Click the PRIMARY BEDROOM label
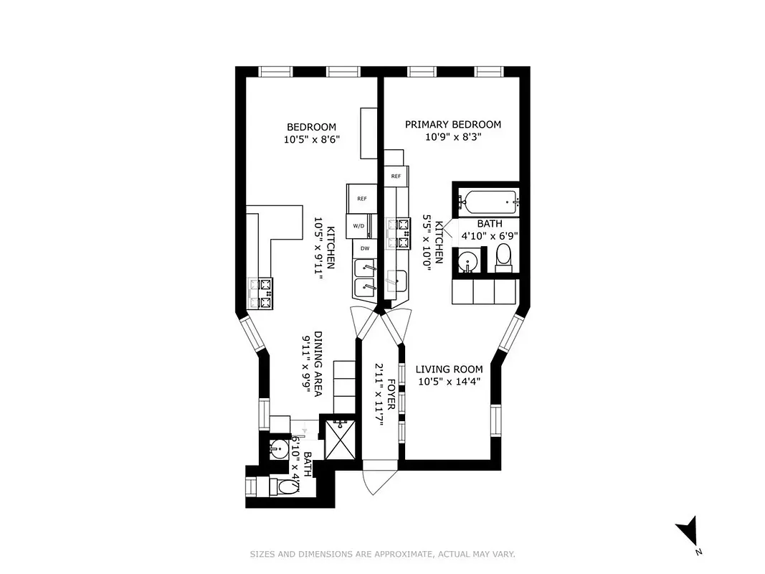click(x=452, y=124)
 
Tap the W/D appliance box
click(x=358, y=226)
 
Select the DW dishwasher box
click(x=364, y=248)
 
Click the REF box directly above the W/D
click(x=361, y=199)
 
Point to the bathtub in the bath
click(x=487, y=199)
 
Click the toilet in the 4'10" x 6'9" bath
click(x=503, y=256)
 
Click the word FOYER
click(x=391, y=395)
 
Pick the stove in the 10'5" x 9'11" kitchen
click(x=261, y=294)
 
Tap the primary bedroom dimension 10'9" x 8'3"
click(x=452, y=136)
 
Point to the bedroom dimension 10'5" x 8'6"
click(x=310, y=140)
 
